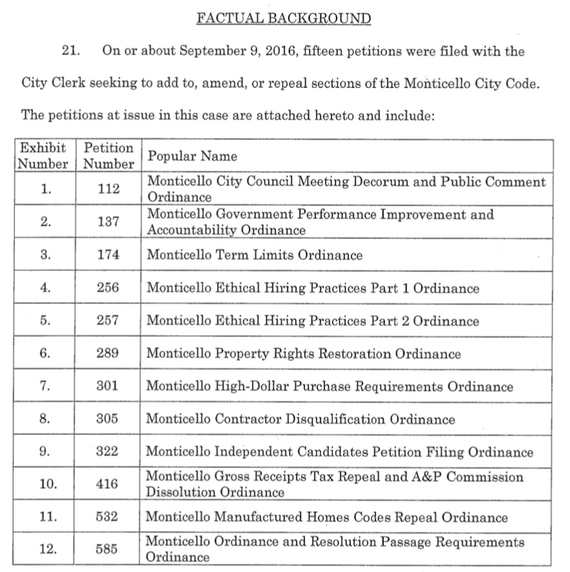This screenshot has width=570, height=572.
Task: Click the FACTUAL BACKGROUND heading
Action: pos(284,18)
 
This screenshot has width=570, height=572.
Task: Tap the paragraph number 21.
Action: pos(69,51)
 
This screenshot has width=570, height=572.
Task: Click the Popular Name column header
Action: pos(192,156)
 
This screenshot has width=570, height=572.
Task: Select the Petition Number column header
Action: pos(109,156)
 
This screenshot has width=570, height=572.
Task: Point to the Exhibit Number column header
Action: pos(43,156)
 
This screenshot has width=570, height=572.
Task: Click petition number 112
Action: pos(109,189)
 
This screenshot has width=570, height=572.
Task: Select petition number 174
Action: pos(109,255)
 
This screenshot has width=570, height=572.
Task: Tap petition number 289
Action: pos(109,354)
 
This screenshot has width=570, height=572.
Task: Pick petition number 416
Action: pos(109,484)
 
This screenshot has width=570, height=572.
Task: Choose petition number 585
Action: pos(109,549)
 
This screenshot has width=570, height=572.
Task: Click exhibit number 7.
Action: pos(44,387)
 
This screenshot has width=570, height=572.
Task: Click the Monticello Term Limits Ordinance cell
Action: pos(255,255)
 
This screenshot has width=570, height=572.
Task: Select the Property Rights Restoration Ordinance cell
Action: pos(304,354)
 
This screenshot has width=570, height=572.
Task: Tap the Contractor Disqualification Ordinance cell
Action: pos(301,419)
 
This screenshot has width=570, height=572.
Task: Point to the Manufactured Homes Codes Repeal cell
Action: pos(327,517)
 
